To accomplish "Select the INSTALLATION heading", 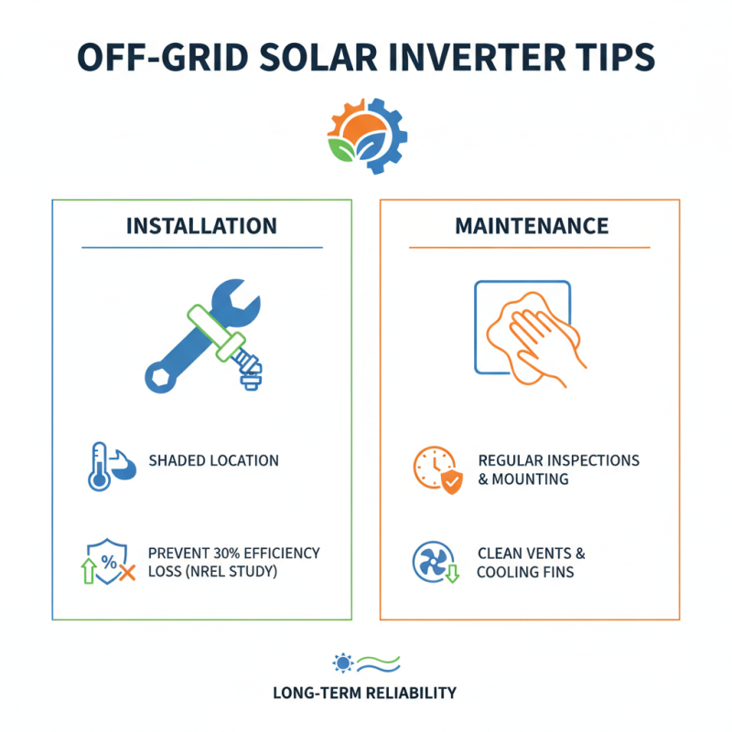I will tap(202, 225).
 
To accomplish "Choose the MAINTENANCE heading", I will tap(531, 225).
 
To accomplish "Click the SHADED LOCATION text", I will tap(213, 460).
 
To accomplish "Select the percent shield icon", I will tap(102, 563).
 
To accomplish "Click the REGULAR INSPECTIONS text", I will tap(558, 459).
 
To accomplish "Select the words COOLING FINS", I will tap(525, 573).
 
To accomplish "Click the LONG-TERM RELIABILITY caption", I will tap(364, 693).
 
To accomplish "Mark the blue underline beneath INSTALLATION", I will tap(202, 247).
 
